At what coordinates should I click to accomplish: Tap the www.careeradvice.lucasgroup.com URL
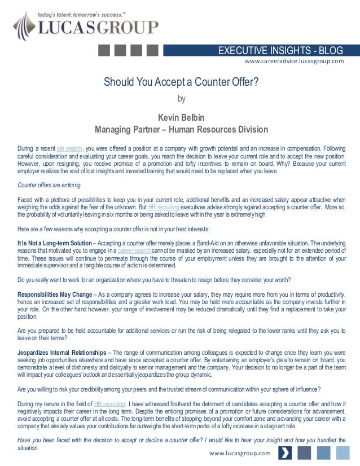point(293,61)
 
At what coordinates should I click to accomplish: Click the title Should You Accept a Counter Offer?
point(181,83)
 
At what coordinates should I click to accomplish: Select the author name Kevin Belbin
point(181,117)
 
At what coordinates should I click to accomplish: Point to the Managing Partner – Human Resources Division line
point(181,130)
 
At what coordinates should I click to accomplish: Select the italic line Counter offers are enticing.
point(50,185)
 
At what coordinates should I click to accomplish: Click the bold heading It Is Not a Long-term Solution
point(54,243)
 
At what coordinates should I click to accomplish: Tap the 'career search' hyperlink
point(134,250)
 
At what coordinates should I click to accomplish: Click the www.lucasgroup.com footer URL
point(240,453)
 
